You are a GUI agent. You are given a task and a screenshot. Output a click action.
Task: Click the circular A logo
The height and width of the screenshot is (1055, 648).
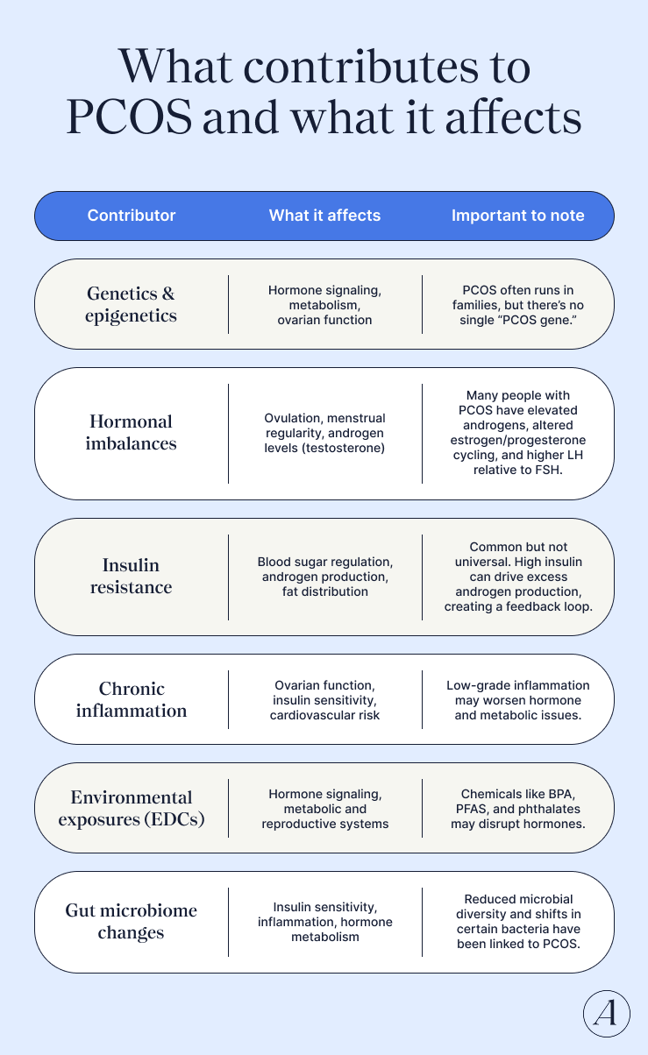pos(607,1014)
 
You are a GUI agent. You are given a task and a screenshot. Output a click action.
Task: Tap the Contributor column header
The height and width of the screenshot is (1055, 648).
pos(132,216)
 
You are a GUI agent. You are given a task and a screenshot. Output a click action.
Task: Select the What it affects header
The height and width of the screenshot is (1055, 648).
pos(324,216)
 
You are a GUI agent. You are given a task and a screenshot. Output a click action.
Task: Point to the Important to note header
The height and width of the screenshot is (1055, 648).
pos(517,216)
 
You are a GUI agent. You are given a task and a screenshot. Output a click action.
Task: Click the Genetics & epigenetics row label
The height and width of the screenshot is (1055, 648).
pos(132,304)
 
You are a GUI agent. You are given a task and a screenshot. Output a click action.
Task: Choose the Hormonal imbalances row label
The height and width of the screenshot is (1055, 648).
pos(132,433)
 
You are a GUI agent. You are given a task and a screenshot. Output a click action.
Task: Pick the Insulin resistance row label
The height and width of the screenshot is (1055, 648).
pos(132,576)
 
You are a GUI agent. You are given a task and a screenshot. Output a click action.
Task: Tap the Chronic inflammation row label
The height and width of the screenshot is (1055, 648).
pos(132,699)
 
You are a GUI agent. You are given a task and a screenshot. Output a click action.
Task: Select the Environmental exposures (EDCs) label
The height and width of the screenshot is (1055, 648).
pos(132,808)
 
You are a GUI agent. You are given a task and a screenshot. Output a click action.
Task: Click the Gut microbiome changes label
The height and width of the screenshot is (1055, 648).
pos(132,921)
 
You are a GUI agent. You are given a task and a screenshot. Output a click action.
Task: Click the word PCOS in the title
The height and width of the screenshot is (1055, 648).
pos(129,117)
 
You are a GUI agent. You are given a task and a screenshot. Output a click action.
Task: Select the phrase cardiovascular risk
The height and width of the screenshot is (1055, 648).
pos(324,716)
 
